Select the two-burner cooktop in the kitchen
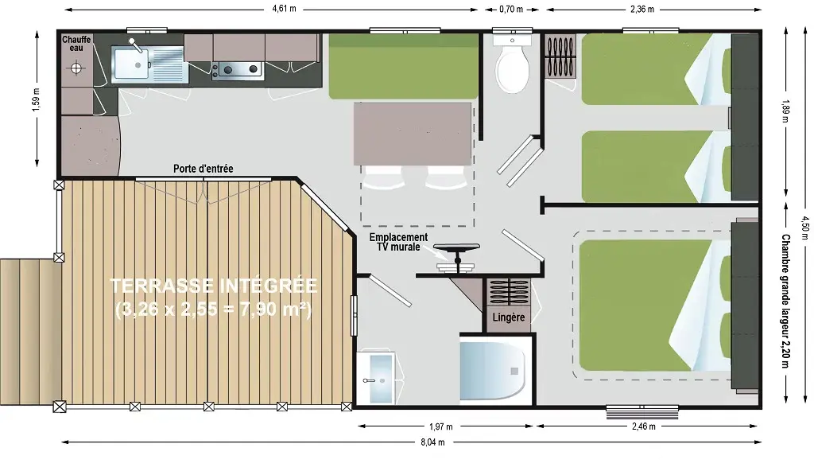click(239, 69)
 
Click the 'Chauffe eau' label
click(76, 44)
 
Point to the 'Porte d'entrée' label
click(203, 169)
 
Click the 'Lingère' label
click(508, 317)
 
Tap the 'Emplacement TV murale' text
click(398, 242)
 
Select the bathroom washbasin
click(376, 377)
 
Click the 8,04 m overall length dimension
click(432, 442)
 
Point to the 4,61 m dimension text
click(284, 9)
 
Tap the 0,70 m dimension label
click(511, 9)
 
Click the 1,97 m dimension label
click(440, 426)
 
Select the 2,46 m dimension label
click(644, 426)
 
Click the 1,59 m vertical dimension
click(36, 99)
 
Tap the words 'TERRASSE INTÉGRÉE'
click(213, 286)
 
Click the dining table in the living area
click(413, 134)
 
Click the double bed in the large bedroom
click(654, 305)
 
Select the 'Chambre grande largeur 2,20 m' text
click(785, 301)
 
